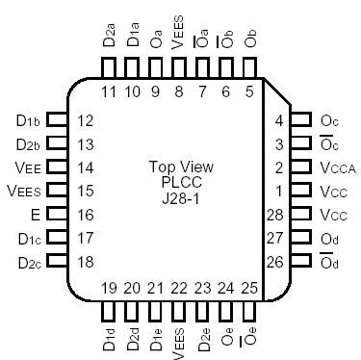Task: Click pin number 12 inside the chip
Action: (85, 121)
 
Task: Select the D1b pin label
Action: (27, 121)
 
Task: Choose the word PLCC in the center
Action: (181, 179)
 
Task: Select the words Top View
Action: (181, 165)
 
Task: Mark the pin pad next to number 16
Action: (58, 215)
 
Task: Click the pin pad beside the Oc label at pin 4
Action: (303, 121)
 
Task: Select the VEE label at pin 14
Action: (28, 167)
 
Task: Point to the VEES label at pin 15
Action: (24, 192)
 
